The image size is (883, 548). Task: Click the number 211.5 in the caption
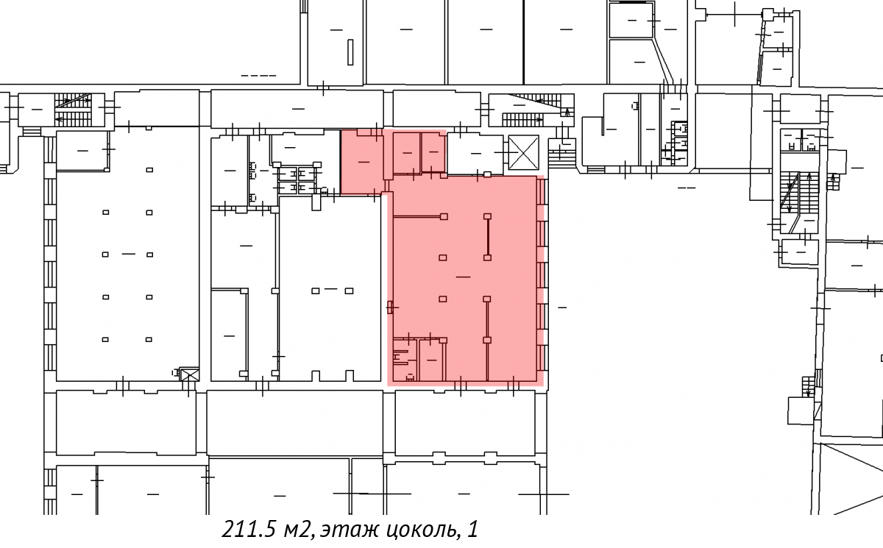[x=249, y=530]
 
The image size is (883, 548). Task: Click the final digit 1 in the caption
[x=473, y=530]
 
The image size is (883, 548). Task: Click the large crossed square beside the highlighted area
[x=523, y=152]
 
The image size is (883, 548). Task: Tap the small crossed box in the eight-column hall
[x=190, y=374]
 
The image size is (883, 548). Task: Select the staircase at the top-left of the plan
[x=74, y=110]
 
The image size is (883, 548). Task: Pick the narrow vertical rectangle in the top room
[x=350, y=52]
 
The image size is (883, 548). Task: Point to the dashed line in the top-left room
[x=258, y=75]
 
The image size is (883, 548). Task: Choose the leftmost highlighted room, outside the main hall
[x=362, y=162]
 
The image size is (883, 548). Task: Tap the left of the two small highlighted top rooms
[x=406, y=153]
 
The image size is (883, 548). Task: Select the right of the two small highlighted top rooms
[x=433, y=152]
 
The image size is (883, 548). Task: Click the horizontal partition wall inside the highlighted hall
[x=417, y=216]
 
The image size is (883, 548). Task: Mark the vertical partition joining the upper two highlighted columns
[x=488, y=237]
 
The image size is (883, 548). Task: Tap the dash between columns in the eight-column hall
[x=129, y=254]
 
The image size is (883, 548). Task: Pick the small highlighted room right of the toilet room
[x=432, y=360]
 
